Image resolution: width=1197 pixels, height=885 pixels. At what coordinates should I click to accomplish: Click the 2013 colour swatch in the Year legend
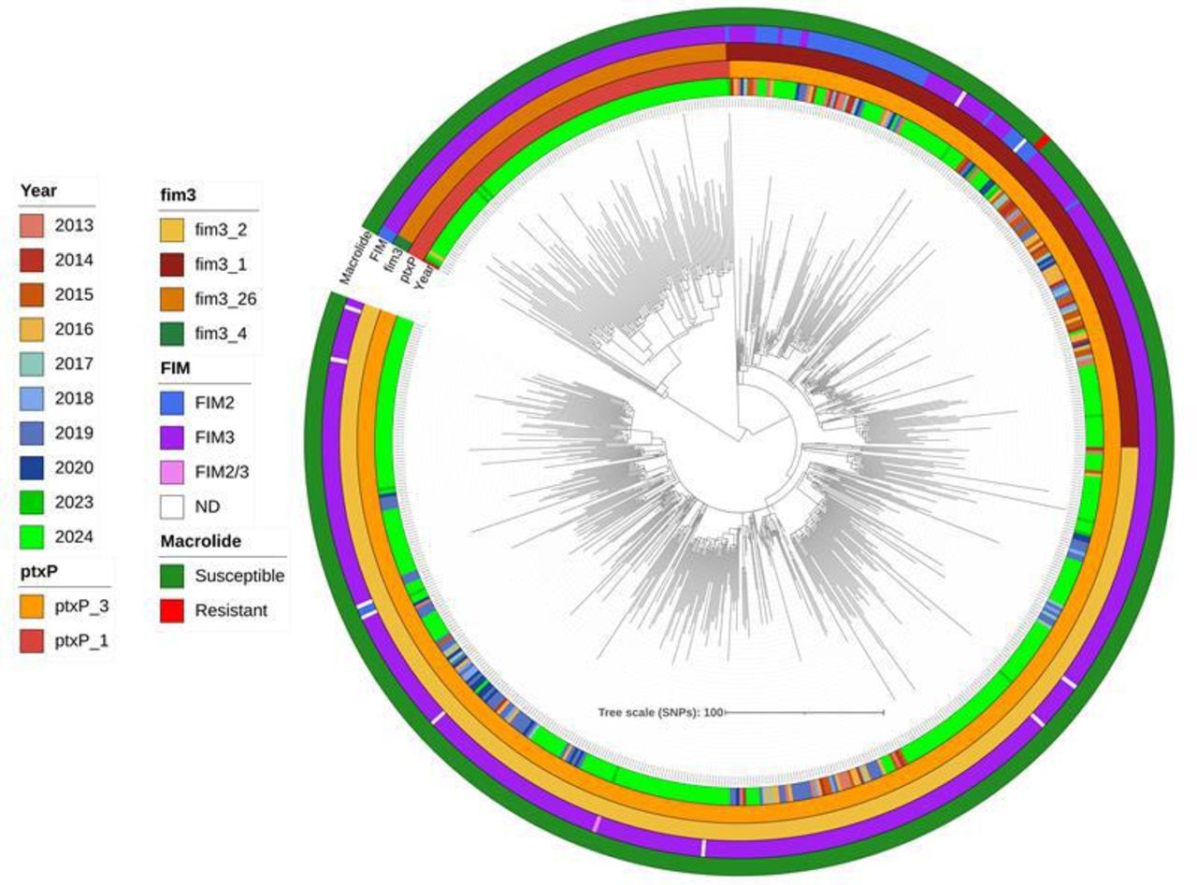click(32, 225)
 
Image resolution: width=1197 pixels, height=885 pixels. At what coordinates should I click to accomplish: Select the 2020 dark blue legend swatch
click(32, 467)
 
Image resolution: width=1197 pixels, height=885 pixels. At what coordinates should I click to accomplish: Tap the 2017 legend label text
click(74, 364)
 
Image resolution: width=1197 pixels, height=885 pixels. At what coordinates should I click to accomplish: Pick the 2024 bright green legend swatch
click(32, 537)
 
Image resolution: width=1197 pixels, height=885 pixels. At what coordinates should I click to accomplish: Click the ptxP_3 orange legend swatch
click(32, 607)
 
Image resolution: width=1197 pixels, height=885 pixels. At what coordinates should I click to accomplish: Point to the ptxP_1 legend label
click(81, 641)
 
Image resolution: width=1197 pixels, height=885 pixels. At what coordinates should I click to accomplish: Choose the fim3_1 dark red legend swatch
click(172, 264)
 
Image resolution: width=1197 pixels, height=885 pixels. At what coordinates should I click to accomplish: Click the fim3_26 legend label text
click(225, 299)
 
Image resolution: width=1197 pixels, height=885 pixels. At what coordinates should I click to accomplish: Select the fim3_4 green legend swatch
click(172, 334)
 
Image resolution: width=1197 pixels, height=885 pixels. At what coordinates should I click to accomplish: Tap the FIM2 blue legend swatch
click(172, 403)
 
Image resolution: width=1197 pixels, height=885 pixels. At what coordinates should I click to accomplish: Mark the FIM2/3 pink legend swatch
click(172, 473)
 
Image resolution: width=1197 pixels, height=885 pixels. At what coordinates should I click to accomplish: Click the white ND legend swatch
click(172, 507)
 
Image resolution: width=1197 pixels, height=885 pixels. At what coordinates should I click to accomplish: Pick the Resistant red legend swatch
click(172, 610)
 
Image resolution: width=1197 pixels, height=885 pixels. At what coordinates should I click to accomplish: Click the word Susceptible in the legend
click(239, 576)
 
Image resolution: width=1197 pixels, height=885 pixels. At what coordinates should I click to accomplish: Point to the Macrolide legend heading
click(201, 541)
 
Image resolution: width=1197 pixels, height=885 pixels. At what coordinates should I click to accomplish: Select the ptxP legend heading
click(39, 572)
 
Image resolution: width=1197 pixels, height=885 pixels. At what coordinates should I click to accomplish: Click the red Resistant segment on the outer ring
click(1042, 142)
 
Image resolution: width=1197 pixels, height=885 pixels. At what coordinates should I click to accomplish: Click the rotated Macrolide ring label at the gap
click(354, 258)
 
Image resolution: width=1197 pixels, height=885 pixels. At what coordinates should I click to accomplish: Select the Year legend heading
click(38, 191)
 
